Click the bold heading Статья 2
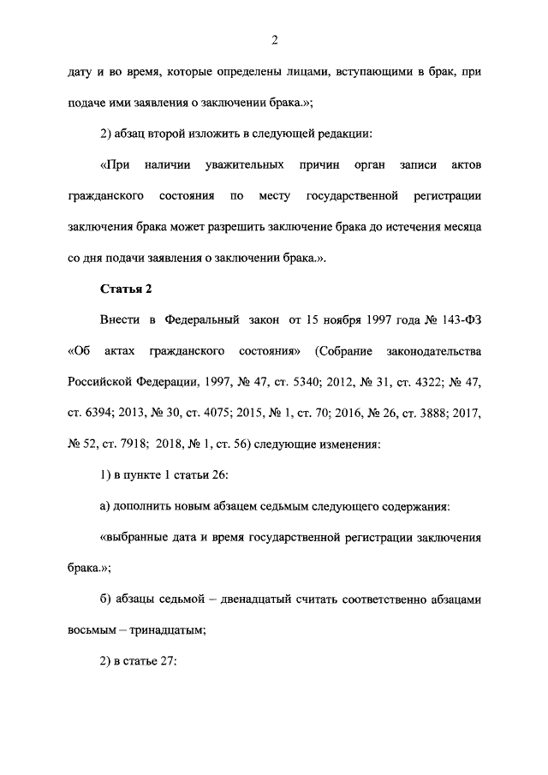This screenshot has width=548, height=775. point(125,289)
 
